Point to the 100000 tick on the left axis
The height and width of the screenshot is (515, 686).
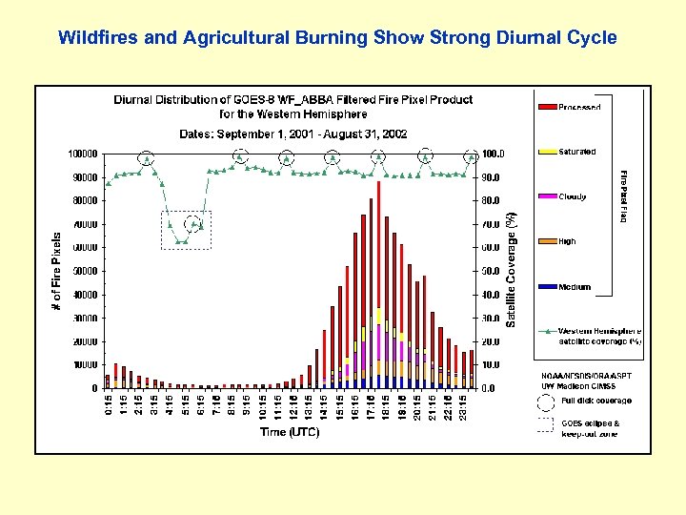81,154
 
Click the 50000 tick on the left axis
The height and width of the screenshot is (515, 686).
84,271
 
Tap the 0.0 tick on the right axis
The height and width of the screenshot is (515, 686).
487,388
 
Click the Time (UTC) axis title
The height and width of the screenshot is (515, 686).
290,432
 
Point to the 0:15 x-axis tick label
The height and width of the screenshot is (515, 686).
108,405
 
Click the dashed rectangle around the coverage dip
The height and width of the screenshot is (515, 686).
186,230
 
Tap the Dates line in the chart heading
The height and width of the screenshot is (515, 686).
293,134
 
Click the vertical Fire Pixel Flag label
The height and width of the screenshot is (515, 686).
623,196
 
